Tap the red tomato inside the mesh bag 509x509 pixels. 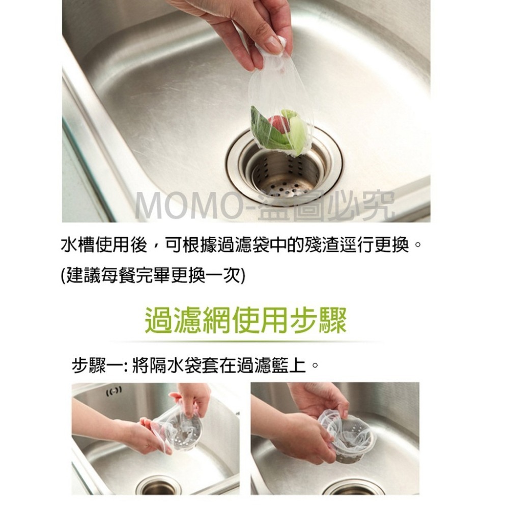tap(277, 124)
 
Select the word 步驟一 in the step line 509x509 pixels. tap(97, 365)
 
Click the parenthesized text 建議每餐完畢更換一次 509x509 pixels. tap(152, 276)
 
